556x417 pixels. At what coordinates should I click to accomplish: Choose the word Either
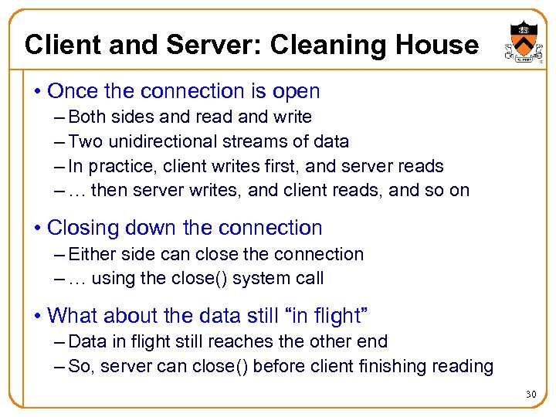[x=92, y=254]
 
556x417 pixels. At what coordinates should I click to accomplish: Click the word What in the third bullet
[x=72, y=316]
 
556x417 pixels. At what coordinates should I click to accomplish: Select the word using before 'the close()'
[x=113, y=279]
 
